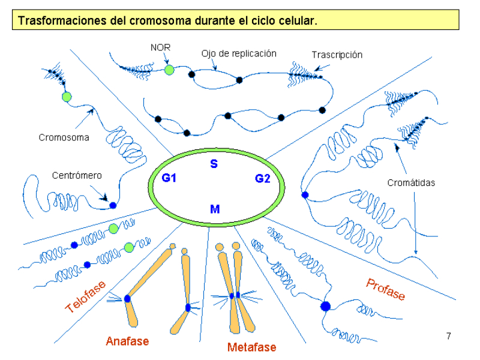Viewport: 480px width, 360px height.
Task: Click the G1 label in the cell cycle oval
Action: coord(169,178)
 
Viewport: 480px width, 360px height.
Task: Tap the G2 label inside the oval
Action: coord(263,178)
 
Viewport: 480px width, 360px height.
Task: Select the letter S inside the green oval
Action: coord(214,164)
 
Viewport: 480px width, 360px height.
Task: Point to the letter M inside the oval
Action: coord(214,209)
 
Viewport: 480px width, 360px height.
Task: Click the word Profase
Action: coord(385,289)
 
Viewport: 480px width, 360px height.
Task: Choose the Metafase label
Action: coord(251,347)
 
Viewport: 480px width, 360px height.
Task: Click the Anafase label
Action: coord(127,341)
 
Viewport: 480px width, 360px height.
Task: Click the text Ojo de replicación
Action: coord(239,53)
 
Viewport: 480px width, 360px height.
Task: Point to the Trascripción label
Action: coord(337,55)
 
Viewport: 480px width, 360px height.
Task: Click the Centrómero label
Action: coord(77,176)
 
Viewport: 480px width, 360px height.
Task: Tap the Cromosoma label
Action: coord(64,137)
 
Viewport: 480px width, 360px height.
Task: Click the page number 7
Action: coord(448,335)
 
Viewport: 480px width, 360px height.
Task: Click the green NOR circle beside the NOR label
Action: coord(169,70)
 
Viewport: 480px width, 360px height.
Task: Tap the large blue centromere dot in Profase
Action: coord(326,306)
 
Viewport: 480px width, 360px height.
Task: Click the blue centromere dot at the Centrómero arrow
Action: coord(112,205)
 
